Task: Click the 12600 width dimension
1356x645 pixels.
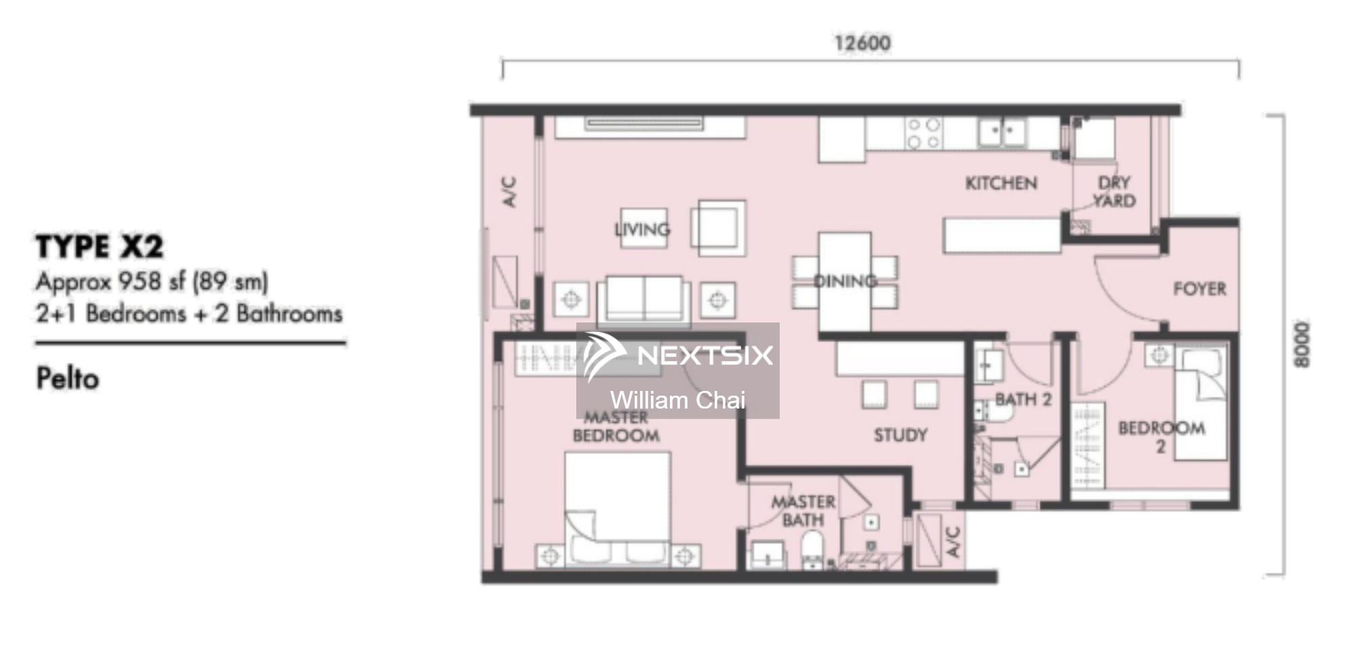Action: point(862,43)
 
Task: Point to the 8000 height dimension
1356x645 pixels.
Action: point(1301,344)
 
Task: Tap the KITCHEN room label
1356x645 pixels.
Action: point(1001,183)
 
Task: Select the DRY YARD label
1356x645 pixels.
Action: point(1114,192)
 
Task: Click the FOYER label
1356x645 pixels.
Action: point(1199,289)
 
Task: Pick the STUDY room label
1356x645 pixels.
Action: point(900,435)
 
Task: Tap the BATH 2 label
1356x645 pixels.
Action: point(1023,399)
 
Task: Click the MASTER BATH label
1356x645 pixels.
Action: point(803,511)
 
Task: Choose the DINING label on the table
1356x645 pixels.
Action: point(845,280)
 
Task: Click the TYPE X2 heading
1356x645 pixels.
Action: point(100,247)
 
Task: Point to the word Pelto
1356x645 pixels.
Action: point(68,378)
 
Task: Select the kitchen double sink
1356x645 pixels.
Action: point(1001,132)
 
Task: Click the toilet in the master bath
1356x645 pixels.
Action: point(812,548)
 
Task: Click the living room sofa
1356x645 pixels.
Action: point(644,299)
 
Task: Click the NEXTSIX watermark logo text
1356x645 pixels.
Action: point(705,355)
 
